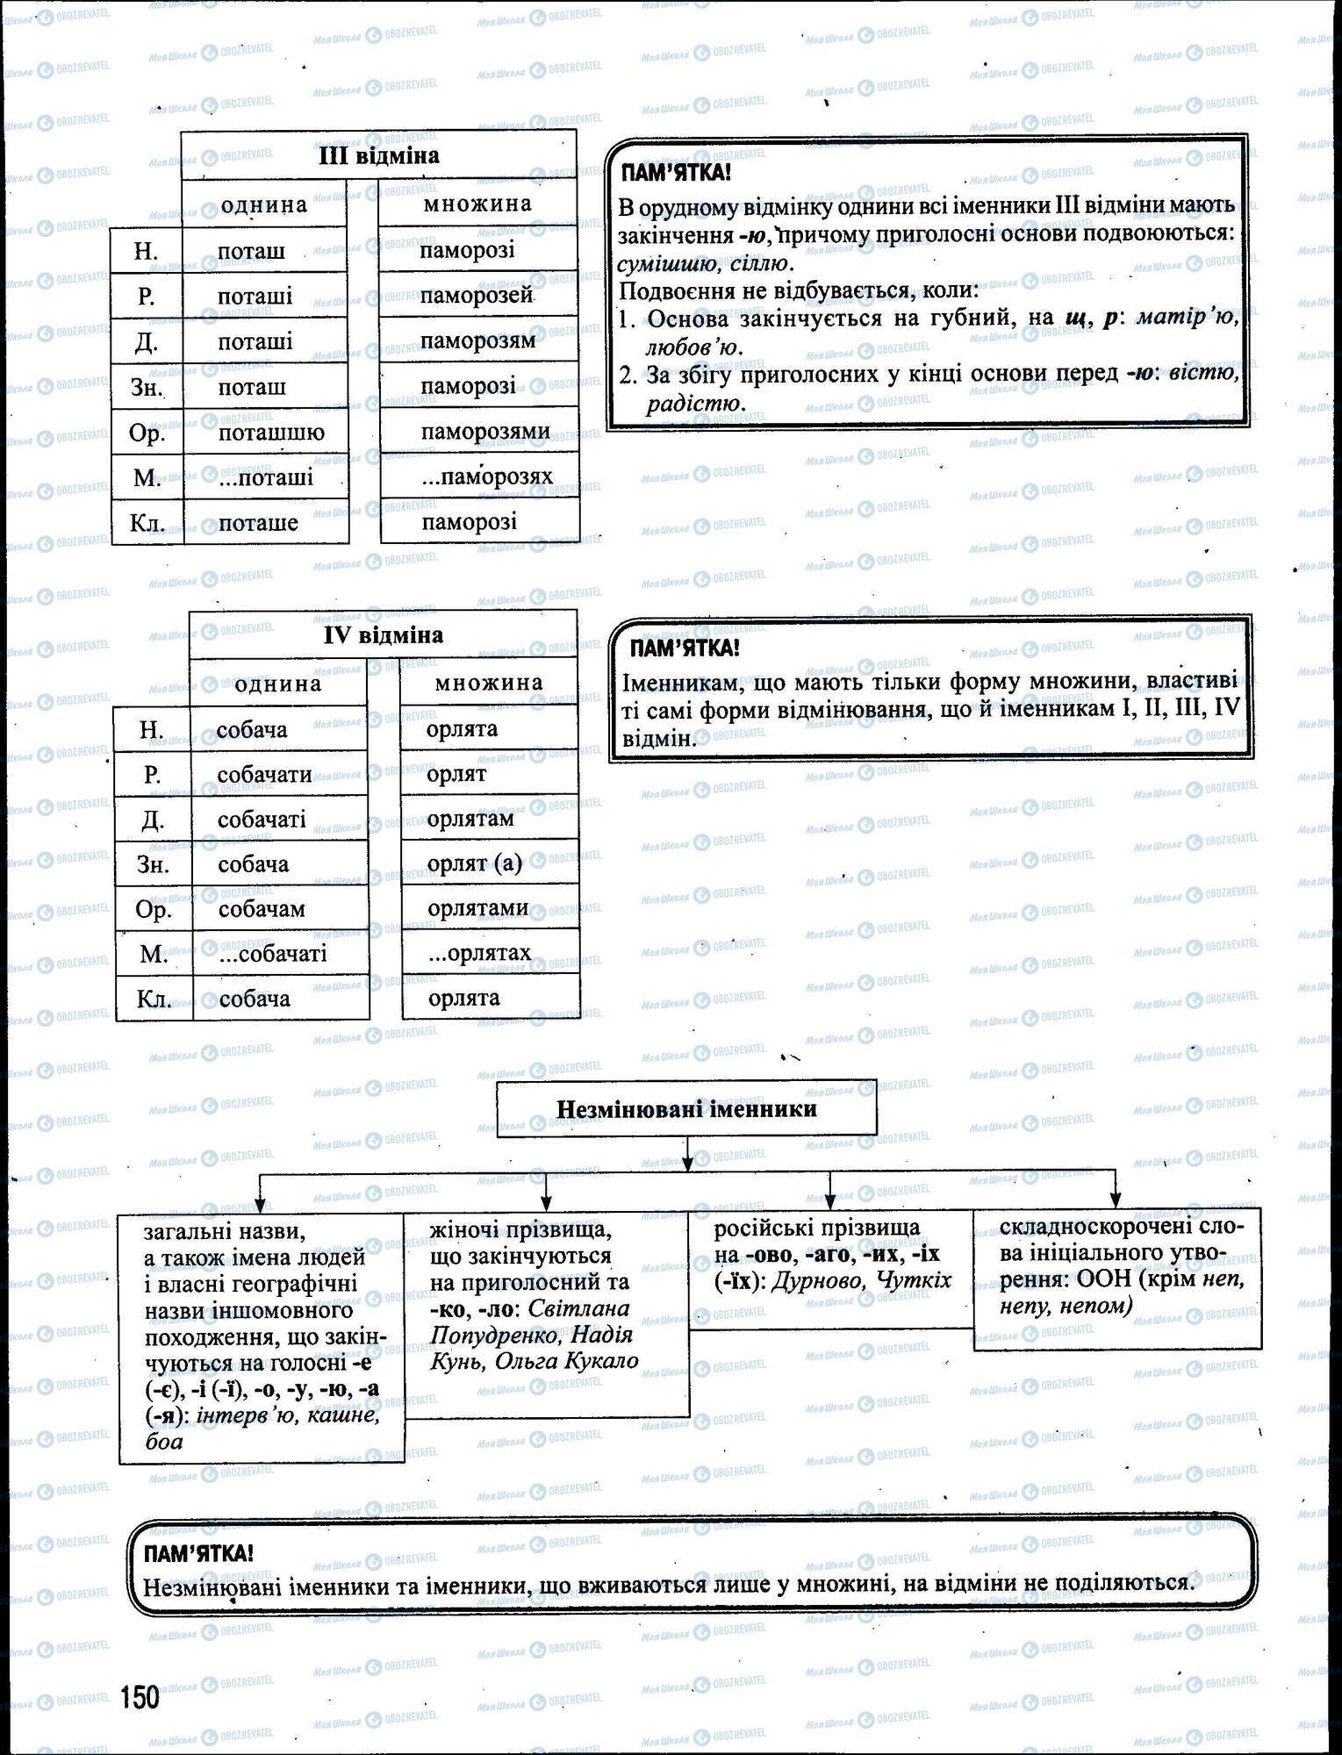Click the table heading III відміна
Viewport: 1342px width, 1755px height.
pos(378,156)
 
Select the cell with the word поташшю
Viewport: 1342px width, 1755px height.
pos(271,433)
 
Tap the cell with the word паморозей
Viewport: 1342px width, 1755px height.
pos(477,296)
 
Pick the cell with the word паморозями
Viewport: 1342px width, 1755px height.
pos(485,432)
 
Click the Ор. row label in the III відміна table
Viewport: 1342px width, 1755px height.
pos(147,433)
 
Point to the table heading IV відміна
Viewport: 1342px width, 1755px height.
pos(383,635)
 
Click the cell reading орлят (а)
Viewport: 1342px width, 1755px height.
pos(474,864)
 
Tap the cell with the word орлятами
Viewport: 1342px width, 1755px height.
pos(477,908)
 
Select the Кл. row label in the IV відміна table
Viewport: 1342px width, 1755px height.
pos(154,999)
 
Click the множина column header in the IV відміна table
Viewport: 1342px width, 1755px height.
pos(489,683)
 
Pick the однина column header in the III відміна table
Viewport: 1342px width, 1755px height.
pos(264,205)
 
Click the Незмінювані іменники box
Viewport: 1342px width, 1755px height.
pos(686,1109)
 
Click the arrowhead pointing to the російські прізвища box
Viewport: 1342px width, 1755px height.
pos(830,1201)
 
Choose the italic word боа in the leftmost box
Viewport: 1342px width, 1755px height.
pos(164,1442)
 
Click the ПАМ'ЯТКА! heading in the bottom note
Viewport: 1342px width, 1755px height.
pos(198,1554)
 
